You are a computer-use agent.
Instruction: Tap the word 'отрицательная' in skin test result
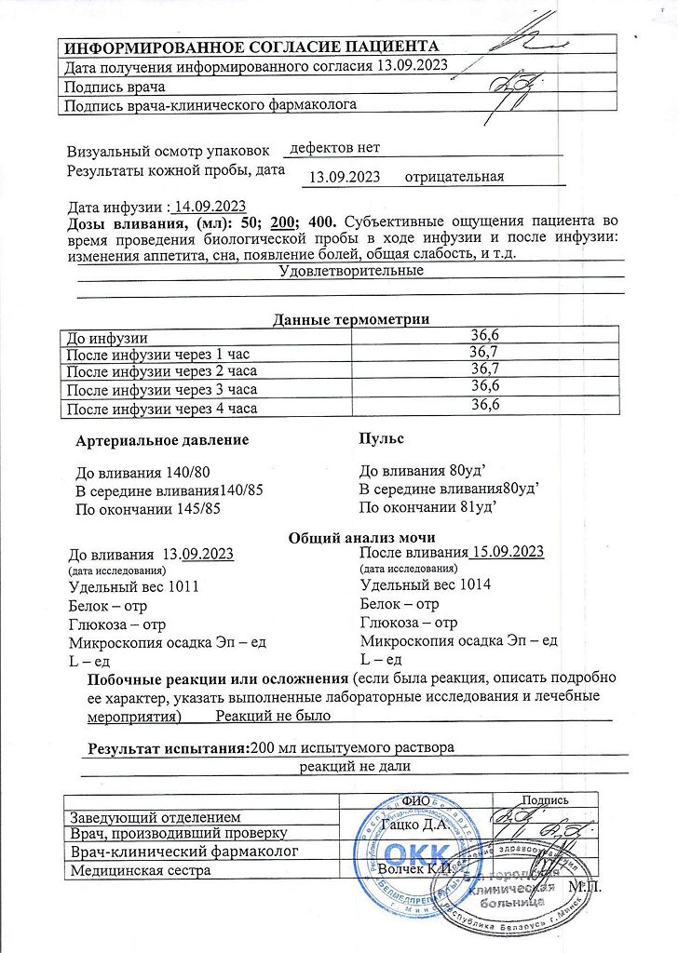pos(461,177)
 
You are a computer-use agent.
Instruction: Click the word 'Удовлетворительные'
pos(351,271)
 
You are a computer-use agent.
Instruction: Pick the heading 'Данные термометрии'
pos(350,320)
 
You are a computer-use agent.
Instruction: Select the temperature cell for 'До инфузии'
pos(484,336)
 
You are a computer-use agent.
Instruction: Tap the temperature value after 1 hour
pos(484,352)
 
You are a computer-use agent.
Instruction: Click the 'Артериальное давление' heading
pos(162,439)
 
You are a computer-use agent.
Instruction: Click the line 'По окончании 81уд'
pos(427,507)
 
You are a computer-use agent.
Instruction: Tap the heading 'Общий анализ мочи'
pos(361,537)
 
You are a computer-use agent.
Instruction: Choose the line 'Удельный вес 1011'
pos(134,586)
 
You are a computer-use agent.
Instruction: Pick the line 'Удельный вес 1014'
pos(426,584)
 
